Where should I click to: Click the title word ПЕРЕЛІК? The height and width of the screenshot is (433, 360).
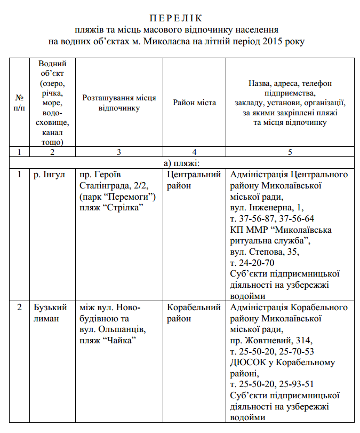[x=180, y=18]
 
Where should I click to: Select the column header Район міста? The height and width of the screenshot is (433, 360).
[x=194, y=103]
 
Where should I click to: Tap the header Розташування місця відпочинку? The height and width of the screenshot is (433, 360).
[x=119, y=103]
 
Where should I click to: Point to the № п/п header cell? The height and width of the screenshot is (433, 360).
[x=20, y=103]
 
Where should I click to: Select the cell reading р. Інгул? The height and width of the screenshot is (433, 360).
[x=47, y=175]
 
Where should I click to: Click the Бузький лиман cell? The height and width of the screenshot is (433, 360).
[x=50, y=313]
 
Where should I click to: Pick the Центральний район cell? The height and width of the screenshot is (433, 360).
[x=194, y=180]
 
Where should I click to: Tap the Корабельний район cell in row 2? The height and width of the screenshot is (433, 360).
[x=194, y=313]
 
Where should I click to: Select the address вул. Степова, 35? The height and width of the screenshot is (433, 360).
[x=264, y=252]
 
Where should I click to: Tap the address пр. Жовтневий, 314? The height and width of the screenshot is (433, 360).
[x=271, y=341]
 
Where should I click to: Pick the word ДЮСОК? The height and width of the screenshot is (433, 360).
[x=247, y=363]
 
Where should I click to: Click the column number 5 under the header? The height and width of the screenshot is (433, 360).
[x=290, y=152]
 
